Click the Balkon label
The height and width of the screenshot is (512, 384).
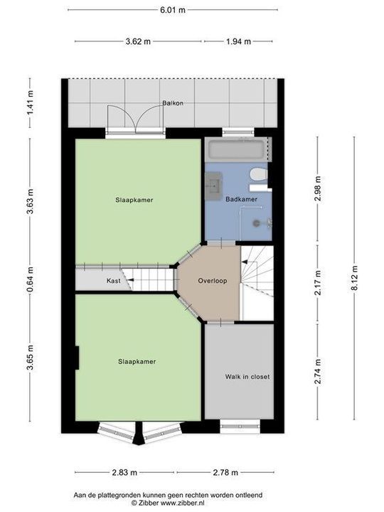pos(173,103)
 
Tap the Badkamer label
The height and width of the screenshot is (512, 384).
pos(241,199)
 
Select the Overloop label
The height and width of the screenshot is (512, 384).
pos(213,280)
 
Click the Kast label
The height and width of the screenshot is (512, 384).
pos(113,281)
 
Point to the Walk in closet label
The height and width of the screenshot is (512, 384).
pos(247,376)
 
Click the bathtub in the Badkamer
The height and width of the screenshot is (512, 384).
pos(236,150)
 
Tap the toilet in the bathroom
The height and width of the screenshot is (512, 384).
pos(259,174)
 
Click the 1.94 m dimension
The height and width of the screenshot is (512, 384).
pos(238,41)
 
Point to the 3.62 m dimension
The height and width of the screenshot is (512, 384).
pos(138,41)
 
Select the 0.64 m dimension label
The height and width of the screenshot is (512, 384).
pos(29,274)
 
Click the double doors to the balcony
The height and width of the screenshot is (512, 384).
pos(136,119)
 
